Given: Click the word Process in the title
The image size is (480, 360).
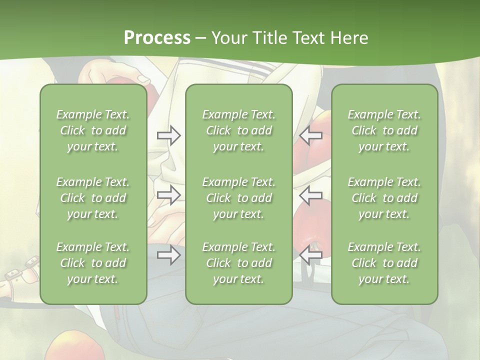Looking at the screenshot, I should [157, 38].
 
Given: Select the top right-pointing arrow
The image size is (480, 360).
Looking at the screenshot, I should [168, 135].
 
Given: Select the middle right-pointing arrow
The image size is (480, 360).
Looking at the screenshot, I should [168, 195].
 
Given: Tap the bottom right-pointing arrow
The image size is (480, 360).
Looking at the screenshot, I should [168, 255].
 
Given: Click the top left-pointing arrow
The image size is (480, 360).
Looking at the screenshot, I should [311, 135].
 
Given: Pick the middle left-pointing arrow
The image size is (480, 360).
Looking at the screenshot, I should [311, 195].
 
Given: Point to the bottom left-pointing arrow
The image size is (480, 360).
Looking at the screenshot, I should [311, 255].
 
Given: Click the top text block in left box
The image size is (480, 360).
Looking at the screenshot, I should [93, 130].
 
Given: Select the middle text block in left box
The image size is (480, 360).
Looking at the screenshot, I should [93, 198].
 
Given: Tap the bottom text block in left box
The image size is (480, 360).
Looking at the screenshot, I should [93, 263].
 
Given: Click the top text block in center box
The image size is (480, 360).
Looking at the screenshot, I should [239, 130].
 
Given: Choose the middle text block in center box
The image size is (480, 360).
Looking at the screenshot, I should [239, 198].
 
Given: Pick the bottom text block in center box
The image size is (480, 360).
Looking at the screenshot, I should [239, 263].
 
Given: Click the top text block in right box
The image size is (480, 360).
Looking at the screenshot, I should [384, 130].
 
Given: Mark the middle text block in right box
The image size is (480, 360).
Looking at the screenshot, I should [384, 198].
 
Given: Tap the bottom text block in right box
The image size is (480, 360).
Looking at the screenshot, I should [384, 263].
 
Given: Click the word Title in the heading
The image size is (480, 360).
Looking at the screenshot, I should [269, 38].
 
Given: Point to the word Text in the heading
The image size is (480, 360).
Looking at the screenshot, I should [309, 38].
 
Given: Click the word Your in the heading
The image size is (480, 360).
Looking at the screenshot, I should [229, 38].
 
